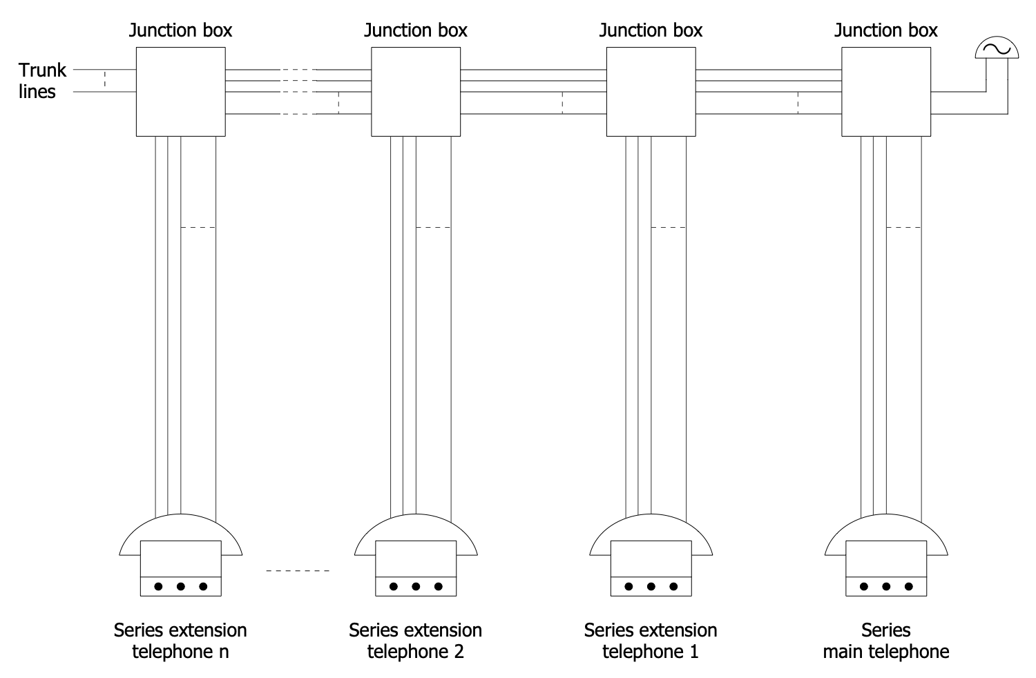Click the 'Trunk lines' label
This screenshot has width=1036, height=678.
tap(41, 81)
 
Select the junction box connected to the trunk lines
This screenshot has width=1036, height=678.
tap(180, 91)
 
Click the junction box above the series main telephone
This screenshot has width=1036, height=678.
tap(886, 91)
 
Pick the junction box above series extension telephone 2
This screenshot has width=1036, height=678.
tap(416, 91)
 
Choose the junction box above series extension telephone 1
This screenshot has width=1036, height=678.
tap(651, 91)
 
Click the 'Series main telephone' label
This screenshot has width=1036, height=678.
tap(885, 641)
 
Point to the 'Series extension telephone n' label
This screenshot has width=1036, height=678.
tap(180, 641)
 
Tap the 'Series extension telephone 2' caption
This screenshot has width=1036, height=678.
tap(415, 641)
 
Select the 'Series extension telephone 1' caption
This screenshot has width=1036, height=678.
tap(651, 641)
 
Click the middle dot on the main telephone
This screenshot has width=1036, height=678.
tap(886, 587)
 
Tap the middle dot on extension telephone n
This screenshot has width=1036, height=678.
tap(180, 587)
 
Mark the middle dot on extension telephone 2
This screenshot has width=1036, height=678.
tap(416, 587)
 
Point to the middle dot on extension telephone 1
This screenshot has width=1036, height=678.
tap(651, 587)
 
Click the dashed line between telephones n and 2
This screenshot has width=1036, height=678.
tap(298, 571)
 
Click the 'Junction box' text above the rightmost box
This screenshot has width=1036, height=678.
tap(886, 30)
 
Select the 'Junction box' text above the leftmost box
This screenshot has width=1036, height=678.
tap(180, 30)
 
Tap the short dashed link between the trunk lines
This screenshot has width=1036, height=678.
tap(104, 79)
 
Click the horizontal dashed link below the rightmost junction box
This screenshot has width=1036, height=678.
tap(903, 227)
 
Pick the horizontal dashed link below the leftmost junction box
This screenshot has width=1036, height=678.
tap(198, 227)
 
